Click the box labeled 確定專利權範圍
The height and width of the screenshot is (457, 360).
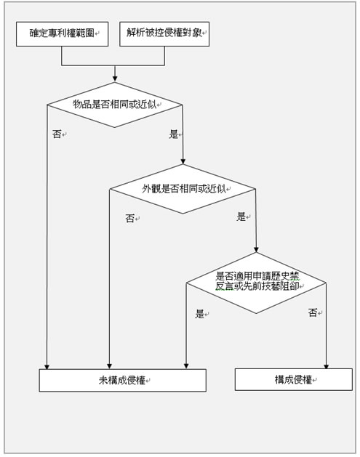tap(62, 34)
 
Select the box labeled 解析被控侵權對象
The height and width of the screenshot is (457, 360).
tap(164, 34)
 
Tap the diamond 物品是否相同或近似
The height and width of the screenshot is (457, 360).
tap(115, 105)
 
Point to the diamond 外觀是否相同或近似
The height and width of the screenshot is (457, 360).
tap(183, 189)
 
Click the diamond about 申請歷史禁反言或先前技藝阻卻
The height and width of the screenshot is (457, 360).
tap(256, 283)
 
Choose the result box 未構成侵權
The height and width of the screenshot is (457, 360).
tap(123, 380)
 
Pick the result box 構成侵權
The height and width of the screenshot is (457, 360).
tap(294, 379)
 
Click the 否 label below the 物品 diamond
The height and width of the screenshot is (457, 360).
tap(57, 134)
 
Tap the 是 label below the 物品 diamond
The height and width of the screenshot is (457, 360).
tap(174, 134)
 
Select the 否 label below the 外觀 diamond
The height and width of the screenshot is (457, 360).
tap(130, 218)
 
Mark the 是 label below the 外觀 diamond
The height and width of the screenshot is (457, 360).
tap(241, 217)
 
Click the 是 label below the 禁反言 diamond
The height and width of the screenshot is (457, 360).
tap(199, 314)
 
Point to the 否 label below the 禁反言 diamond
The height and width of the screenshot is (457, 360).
tap(313, 312)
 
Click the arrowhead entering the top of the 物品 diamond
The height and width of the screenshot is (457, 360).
tap(115, 79)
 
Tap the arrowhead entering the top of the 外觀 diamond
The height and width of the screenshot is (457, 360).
tap(183, 161)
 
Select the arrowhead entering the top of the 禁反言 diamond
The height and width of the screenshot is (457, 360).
tap(256, 249)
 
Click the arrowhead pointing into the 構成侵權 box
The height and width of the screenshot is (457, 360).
tap(326, 366)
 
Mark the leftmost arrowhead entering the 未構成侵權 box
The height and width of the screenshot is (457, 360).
tap(47, 366)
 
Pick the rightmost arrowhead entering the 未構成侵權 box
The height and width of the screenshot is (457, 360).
tap(186, 366)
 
